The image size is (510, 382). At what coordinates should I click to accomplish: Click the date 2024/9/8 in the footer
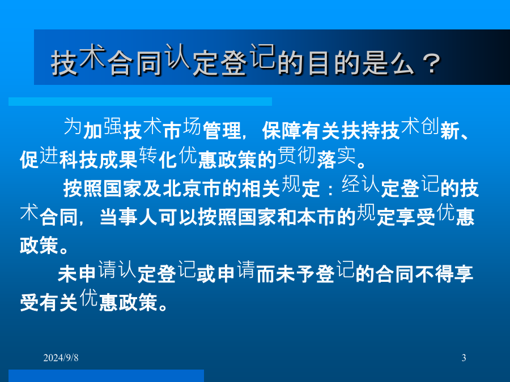pyautogui.click(x=61, y=358)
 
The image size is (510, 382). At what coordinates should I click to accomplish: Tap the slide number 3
pyautogui.click(x=464, y=358)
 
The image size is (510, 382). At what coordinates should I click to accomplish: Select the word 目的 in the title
pyautogui.click(x=333, y=63)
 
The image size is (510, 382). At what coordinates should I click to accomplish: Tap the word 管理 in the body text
pyautogui.click(x=222, y=131)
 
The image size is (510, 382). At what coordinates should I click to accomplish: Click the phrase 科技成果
pyautogui.click(x=98, y=160)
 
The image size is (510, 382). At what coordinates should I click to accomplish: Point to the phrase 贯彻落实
pyautogui.click(x=316, y=157)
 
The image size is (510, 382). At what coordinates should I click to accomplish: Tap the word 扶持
pyautogui.click(x=361, y=131)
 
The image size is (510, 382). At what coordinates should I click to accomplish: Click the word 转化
pyautogui.click(x=158, y=157)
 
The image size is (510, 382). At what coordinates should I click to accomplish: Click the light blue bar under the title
pyautogui.click(x=140, y=101)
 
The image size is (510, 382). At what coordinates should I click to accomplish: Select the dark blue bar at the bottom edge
pyautogui.click(x=107, y=376)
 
